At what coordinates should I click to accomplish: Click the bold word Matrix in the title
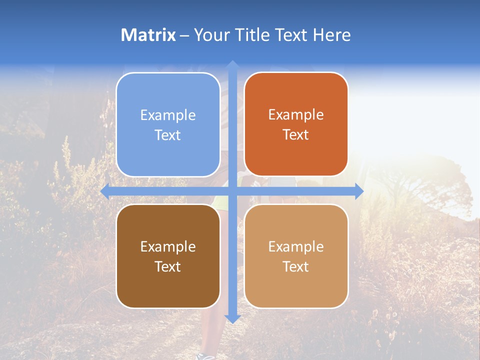tap(148, 35)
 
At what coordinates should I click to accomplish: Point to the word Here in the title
tap(331, 35)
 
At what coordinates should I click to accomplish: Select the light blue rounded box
tap(168, 124)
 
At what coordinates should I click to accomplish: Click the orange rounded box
tap(296, 124)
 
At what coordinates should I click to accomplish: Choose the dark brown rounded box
tap(168, 256)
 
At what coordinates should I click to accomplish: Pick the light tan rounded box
tap(296, 256)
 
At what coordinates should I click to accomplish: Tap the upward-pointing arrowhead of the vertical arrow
tap(232, 65)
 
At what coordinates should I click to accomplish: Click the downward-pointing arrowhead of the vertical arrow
tap(232, 318)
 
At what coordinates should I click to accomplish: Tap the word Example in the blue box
tap(168, 115)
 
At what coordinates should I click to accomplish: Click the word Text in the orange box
tap(296, 135)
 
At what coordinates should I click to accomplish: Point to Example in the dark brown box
tap(168, 246)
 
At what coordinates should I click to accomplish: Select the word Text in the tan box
tap(296, 266)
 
